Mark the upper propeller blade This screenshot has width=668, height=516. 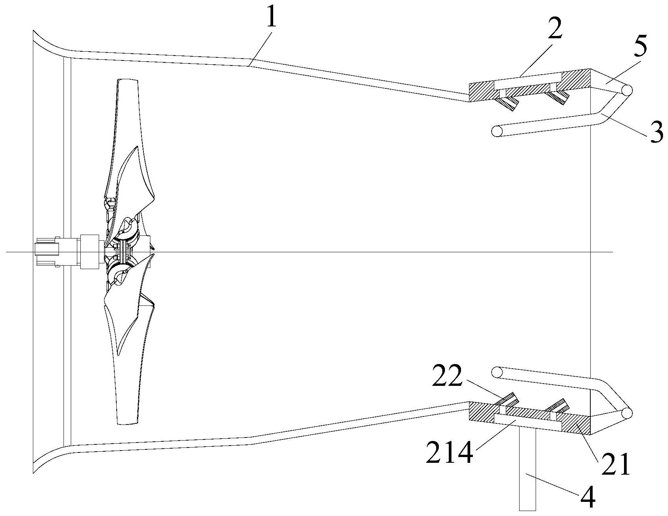[x=128, y=145]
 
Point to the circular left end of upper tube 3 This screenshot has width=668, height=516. [x=497, y=131]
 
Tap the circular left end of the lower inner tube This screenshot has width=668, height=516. [x=497, y=372]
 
